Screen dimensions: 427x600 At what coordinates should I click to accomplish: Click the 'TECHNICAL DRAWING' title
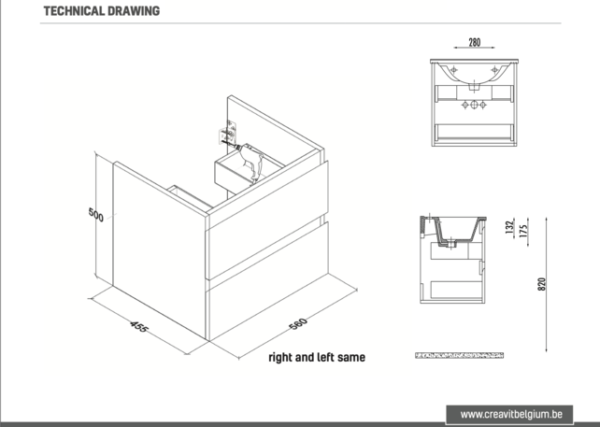[x=101, y=11]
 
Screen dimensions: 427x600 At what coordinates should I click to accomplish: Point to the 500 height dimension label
[x=94, y=214]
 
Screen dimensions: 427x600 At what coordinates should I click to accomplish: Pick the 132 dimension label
[x=507, y=229]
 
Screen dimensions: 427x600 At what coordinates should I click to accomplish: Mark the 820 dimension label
[x=539, y=284]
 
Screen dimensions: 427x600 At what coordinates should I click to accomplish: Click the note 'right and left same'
[x=317, y=357]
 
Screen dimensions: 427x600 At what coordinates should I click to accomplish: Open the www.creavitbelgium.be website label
[x=511, y=413]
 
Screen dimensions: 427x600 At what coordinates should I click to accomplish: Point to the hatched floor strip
[x=458, y=356]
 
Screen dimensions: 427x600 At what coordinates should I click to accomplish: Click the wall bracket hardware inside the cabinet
[x=226, y=136]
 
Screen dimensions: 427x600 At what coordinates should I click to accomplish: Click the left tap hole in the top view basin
[x=451, y=70]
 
